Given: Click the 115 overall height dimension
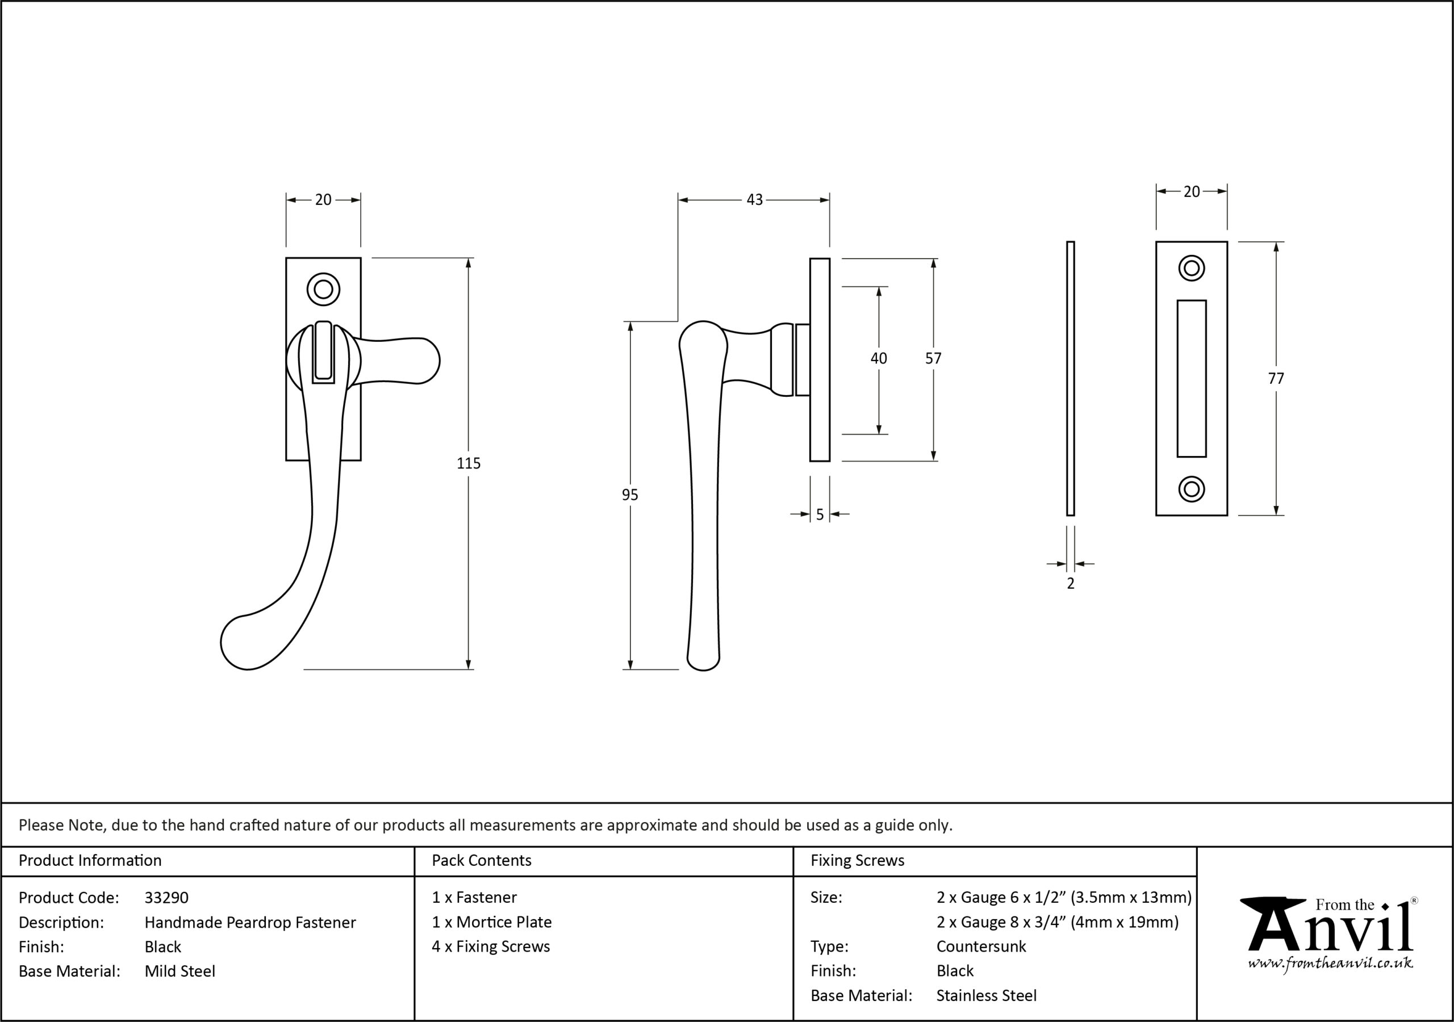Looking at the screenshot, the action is click(x=469, y=463).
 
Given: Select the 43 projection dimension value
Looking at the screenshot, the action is click(x=754, y=199).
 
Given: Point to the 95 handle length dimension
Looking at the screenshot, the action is click(x=629, y=495).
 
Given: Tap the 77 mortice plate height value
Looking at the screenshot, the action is click(x=1276, y=379).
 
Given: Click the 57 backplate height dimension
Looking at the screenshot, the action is click(x=933, y=358).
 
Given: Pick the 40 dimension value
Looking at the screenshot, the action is click(x=878, y=358).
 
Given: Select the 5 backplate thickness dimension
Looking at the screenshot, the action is click(x=820, y=515).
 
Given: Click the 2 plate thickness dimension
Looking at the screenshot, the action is click(x=1070, y=583).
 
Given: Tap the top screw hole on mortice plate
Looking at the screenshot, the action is click(x=1191, y=268).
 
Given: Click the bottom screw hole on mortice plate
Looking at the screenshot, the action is click(x=1191, y=489).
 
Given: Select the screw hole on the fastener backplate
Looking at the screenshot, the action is click(x=323, y=290).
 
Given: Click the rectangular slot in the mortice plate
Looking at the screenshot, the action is click(x=1191, y=379).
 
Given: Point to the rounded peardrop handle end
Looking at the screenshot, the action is click(x=244, y=642).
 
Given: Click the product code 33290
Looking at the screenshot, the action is click(x=166, y=897).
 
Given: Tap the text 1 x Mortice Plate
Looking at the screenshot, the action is click(x=491, y=922).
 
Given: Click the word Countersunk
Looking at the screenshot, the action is click(x=981, y=946).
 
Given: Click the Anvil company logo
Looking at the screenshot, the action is click(x=1329, y=935).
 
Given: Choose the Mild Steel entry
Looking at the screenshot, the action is click(x=180, y=971).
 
